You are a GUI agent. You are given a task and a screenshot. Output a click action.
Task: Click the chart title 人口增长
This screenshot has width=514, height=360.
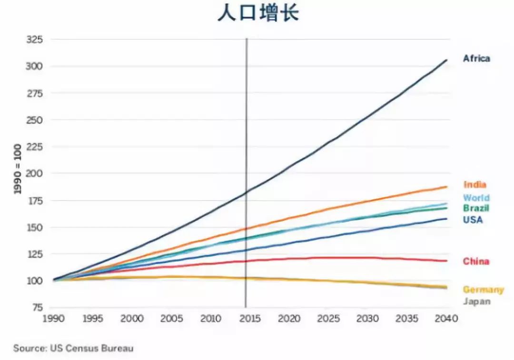pos(258,14)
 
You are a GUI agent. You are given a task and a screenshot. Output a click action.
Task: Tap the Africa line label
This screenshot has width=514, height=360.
pos(476,59)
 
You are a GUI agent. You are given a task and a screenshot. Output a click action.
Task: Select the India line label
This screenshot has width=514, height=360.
pos(474,185)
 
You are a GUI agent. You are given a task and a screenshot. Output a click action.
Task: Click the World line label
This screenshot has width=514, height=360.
pos(476,198)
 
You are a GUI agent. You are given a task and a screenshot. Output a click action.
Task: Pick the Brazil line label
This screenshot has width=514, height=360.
pos(476,208)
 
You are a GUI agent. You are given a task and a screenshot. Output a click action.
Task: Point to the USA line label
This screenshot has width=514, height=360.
pos(473,220)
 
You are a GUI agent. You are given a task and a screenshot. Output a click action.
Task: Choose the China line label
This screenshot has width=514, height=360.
pos(476,261)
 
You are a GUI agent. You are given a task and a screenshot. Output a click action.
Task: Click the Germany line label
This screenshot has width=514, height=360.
pos(483,290)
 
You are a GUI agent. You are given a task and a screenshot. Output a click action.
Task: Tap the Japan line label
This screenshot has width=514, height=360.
pos(476,301)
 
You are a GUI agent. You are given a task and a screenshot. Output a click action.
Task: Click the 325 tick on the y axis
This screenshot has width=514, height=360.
pos(34,40)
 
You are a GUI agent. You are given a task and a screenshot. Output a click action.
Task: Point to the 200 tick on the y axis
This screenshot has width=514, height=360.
pos(34,174)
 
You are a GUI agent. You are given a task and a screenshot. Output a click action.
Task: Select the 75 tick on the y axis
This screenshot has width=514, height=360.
pos(37,308)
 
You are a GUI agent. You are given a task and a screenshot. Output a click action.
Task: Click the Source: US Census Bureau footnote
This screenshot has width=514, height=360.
pos(73,349)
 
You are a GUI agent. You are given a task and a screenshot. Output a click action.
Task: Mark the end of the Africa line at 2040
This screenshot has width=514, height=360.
pos(446,60)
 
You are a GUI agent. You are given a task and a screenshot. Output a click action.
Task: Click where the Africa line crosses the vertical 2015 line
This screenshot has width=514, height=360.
pos(246,192)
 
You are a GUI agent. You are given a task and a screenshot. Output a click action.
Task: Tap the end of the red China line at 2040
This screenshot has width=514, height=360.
pos(446,260)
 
